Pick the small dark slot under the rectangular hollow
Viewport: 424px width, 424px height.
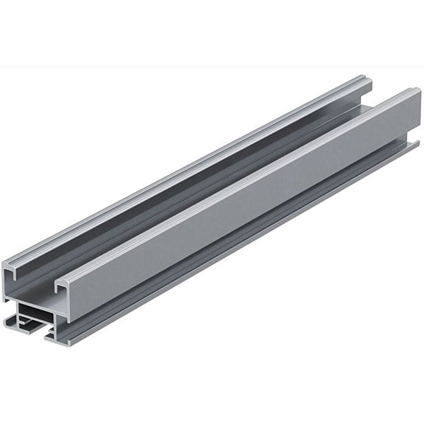click(x=32, y=326)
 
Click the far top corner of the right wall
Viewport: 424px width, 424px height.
click(x=418, y=90)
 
